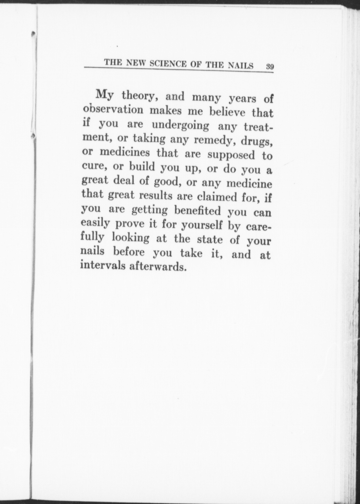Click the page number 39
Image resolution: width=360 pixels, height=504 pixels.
pos(270,66)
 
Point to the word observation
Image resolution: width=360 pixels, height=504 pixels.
pos(113,109)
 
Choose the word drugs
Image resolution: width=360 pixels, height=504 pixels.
pos(256,141)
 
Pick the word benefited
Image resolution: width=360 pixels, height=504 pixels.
pos(197,210)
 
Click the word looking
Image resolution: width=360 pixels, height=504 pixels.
pos(130,237)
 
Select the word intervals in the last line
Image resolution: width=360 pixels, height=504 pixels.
pos(103,265)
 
